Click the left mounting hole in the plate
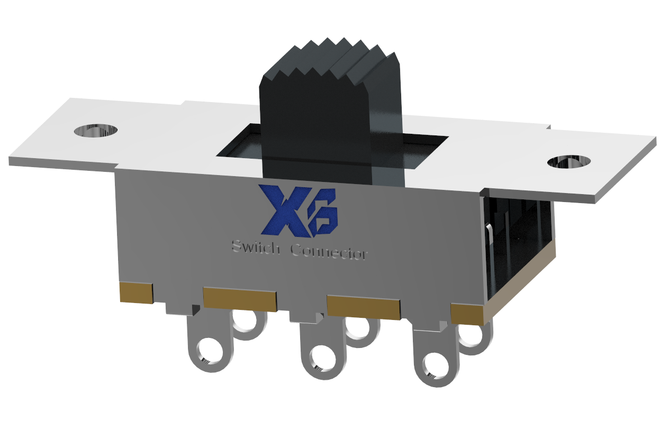[x=96, y=130]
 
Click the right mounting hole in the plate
[x=569, y=162]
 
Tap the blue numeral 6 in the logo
[x=323, y=218]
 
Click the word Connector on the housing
[x=329, y=252]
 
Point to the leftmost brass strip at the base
[x=136, y=292]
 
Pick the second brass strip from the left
[x=240, y=299]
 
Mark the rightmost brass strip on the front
[x=467, y=314]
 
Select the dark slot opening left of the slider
[x=241, y=142]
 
